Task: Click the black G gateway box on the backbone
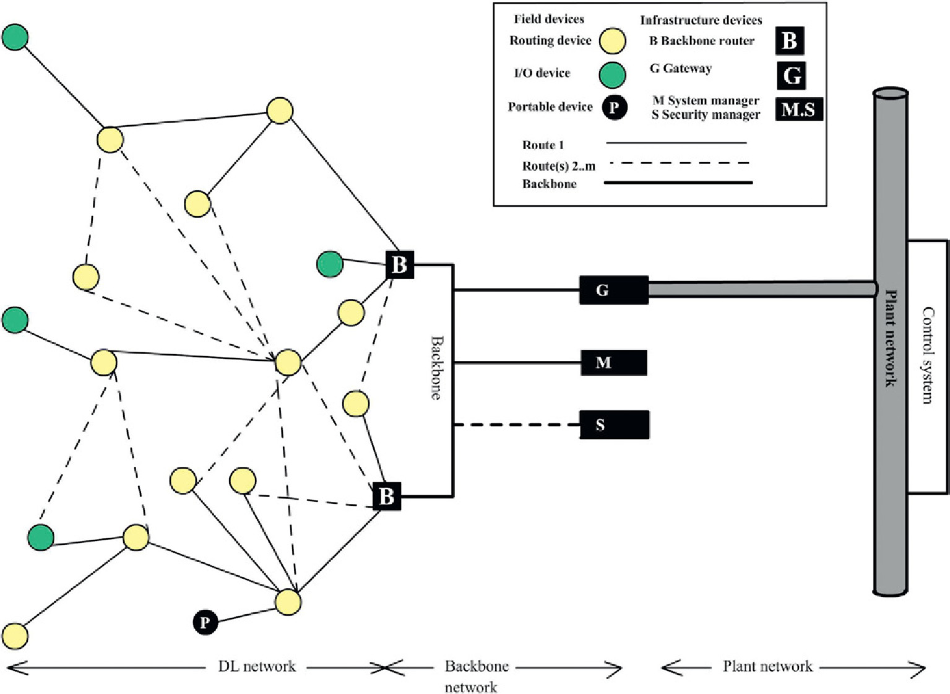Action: tap(613, 290)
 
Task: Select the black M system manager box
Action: tap(613, 362)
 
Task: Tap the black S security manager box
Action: tap(614, 425)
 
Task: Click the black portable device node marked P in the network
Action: tap(205, 622)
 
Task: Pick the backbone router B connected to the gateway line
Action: tap(400, 265)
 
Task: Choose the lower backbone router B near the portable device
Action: tap(387, 496)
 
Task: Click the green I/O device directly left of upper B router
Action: tap(330, 264)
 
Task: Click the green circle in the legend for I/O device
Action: tap(613, 75)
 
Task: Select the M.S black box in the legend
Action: tap(798, 110)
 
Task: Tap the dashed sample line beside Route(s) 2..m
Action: tap(678, 163)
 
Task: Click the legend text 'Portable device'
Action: tap(550, 107)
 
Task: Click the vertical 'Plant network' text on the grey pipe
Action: tap(891, 337)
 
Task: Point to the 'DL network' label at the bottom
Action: tap(257, 667)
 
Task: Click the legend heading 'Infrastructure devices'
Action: tap(701, 20)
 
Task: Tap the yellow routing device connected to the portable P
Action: tap(288, 602)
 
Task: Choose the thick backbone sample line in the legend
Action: tap(678, 183)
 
